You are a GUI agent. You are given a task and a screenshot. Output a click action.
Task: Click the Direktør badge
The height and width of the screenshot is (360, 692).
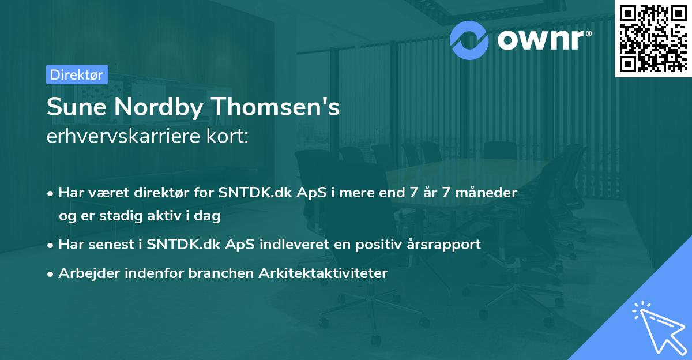pyautogui.click(x=77, y=74)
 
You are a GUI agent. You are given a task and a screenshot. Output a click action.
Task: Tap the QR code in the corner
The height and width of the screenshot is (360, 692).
pyautogui.click(x=653, y=37)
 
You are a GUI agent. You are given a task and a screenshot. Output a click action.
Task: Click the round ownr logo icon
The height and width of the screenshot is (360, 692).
pyautogui.click(x=469, y=40)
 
